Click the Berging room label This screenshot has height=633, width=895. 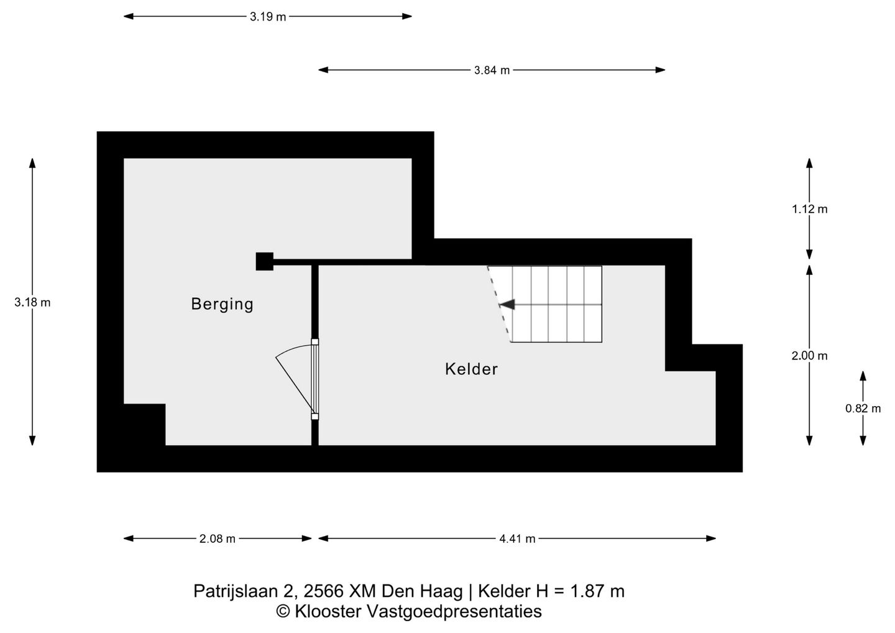click(x=222, y=304)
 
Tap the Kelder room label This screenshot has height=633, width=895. click(x=471, y=369)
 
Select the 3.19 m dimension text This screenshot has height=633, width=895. click(x=268, y=17)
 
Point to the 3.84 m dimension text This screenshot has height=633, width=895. click(x=492, y=70)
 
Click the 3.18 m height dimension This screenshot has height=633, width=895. click(x=32, y=303)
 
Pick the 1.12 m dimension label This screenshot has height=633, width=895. click(x=809, y=209)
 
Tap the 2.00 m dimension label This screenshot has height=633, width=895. click(x=809, y=356)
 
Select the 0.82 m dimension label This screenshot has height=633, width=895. click(x=863, y=409)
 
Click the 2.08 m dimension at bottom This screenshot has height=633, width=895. click(x=218, y=539)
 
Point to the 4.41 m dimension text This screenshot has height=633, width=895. click(x=517, y=539)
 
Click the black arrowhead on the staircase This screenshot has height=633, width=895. click(x=507, y=305)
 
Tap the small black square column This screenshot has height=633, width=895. click(x=264, y=261)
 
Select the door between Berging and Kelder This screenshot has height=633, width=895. click(x=314, y=379)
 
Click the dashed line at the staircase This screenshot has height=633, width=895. click(x=499, y=304)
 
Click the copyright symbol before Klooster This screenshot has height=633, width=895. click(x=283, y=612)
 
